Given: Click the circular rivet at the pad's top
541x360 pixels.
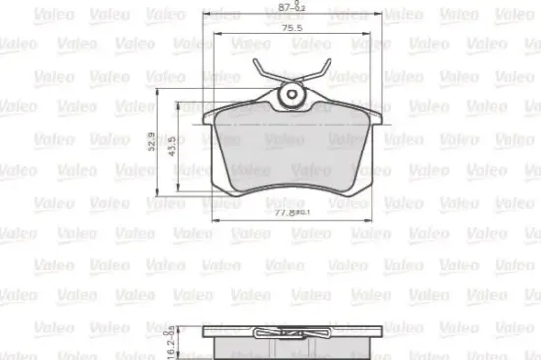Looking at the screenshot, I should click(291, 95).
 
